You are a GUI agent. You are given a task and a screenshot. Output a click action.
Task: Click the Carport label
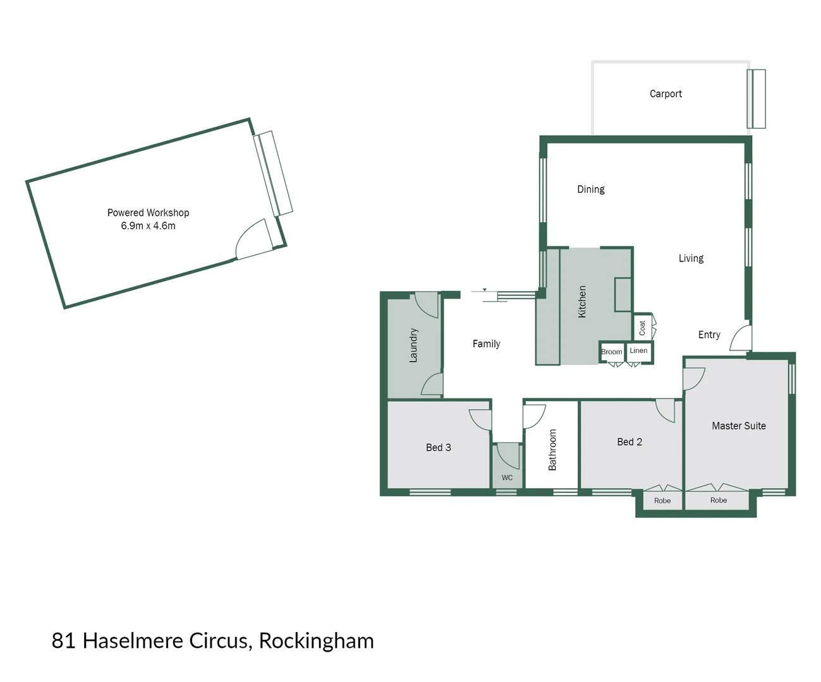tap(666, 94)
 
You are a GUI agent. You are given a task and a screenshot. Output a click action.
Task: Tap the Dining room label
tap(590, 189)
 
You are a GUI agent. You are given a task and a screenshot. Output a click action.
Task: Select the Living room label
tap(691, 258)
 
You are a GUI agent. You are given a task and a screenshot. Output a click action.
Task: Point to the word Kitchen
tap(582, 301)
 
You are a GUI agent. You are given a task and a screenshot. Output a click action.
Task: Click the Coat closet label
tap(642, 327)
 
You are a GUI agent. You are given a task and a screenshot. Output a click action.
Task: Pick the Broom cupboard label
tap(611, 352)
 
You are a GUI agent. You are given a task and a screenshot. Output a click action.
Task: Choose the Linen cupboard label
tap(638, 350)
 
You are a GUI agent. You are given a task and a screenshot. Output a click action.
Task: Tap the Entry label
tap(709, 335)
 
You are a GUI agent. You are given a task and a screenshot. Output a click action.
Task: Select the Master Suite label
tap(738, 426)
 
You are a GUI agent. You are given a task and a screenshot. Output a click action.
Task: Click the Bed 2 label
tap(629, 442)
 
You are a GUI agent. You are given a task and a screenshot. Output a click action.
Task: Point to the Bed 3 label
tap(438, 448)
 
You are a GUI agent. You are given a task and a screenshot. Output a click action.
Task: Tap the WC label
tap(507, 478)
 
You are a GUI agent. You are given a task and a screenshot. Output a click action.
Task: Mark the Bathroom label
tap(552, 450)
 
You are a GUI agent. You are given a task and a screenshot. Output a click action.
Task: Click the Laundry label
tap(413, 345)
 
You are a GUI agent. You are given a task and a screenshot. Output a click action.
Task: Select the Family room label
tap(486, 344)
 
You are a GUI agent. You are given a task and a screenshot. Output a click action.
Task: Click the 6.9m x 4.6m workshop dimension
tap(148, 226)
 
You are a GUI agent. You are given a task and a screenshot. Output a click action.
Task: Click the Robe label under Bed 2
tap(662, 501)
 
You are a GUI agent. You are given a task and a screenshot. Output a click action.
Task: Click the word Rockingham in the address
tap(316, 641)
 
